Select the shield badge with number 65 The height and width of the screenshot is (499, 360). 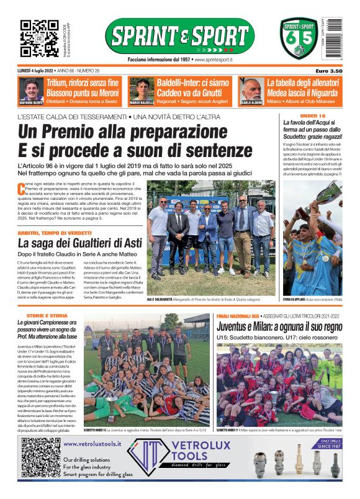pos(299,39)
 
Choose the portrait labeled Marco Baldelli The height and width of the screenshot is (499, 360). pos(142,89)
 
